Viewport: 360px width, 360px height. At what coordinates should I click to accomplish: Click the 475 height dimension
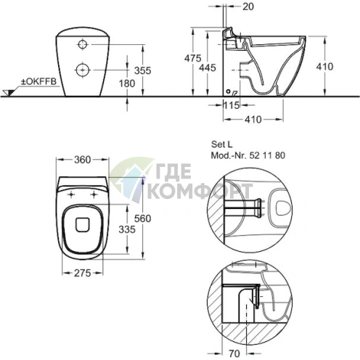point(193,58)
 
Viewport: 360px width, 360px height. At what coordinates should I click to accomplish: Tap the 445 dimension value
point(208,67)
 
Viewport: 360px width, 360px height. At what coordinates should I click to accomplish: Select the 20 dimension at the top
point(248,7)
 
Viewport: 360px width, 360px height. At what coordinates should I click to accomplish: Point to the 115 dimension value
point(232,105)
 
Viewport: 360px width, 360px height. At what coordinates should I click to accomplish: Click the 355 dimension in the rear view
point(143,70)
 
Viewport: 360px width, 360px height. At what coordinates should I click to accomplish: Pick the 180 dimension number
point(127,83)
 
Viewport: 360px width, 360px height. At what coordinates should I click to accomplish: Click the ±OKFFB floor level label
point(38,81)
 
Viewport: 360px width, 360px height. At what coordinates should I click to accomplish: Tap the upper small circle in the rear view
point(83,44)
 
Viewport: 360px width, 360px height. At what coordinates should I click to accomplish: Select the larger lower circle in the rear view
point(83,70)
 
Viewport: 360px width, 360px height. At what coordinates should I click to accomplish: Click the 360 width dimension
point(83,160)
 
